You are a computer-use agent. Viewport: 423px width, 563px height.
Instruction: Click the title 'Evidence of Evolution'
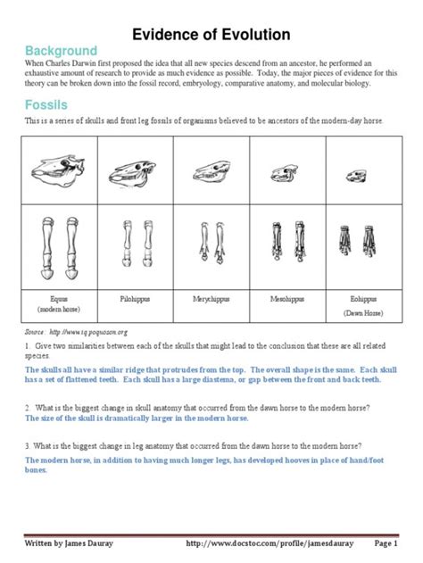point(211,35)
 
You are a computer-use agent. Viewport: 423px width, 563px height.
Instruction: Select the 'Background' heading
point(62,51)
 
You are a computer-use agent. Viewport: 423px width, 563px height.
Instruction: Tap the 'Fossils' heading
point(49,104)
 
